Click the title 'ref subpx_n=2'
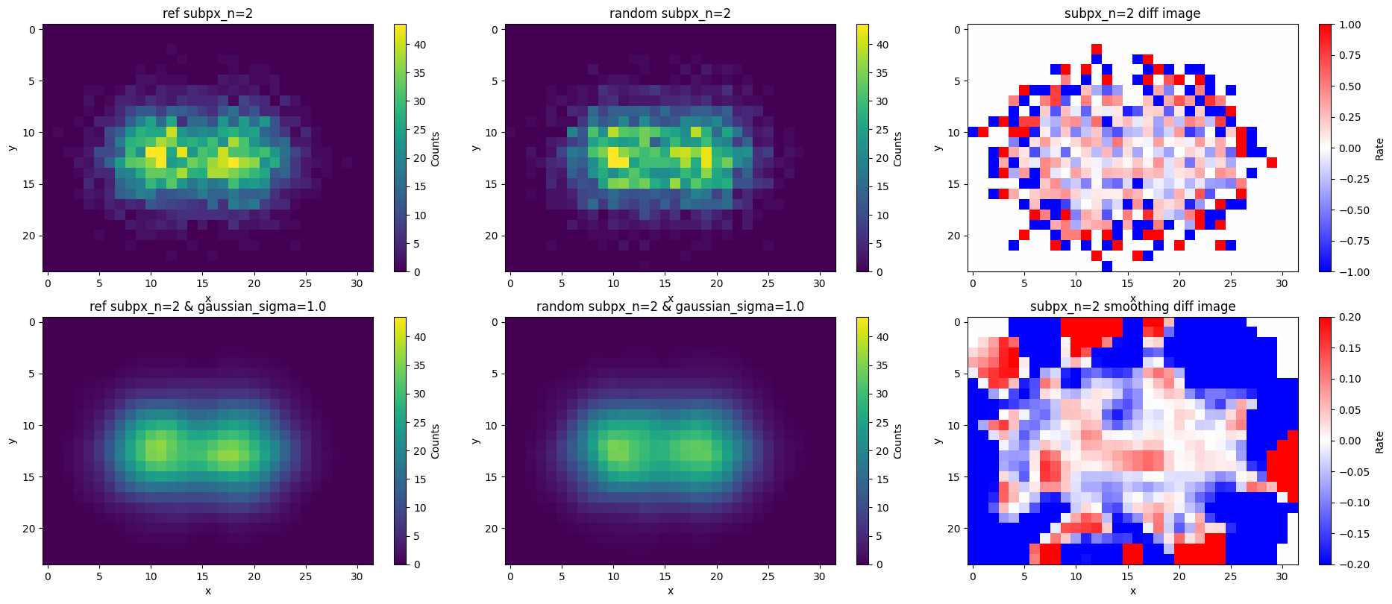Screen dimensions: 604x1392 pos(207,13)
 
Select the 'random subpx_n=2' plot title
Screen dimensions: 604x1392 pos(670,13)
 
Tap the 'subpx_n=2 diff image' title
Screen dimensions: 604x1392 pos(1132,13)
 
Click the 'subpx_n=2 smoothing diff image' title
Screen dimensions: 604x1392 pos(1132,306)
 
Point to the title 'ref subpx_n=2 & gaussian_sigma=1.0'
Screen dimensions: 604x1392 pos(207,306)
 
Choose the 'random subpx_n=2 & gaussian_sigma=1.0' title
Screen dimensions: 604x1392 pos(670,306)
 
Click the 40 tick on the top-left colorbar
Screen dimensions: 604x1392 pos(420,45)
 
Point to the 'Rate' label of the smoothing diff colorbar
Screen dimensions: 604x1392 pos(1379,441)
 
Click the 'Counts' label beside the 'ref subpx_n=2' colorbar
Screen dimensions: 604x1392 pos(436,149)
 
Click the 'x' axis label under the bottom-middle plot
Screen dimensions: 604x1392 pos(670,591)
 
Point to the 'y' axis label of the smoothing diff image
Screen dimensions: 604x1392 pos(938,441)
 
